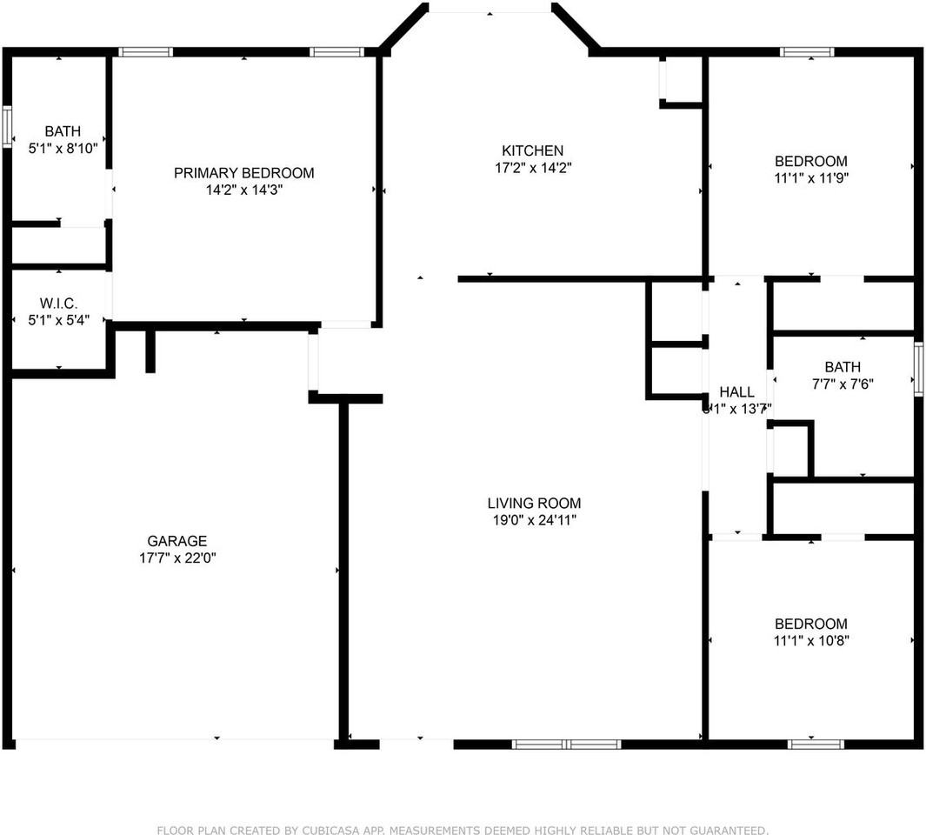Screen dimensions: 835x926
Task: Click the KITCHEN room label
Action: (532, 150)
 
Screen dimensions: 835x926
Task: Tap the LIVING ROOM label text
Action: (534, 503)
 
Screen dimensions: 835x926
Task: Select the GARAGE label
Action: (177, 541)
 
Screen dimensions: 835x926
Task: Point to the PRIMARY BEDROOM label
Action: (243, 173)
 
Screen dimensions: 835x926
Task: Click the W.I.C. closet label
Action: (58, 304)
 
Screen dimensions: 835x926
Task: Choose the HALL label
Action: (736, 392)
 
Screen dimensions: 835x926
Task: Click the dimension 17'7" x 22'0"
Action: (177, 558)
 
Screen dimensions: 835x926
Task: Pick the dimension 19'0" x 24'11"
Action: (534, 520)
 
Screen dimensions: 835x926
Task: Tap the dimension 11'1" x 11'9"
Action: (810, 178)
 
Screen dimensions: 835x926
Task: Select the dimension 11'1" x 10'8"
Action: (810, 641)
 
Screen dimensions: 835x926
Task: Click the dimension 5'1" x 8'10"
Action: (63, 149)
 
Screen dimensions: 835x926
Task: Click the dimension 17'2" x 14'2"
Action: (532, 168)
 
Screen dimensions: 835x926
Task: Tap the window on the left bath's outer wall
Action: (7, 126)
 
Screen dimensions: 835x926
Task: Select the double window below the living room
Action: (566, 745)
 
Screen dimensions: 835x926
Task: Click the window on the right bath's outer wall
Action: (918, 370)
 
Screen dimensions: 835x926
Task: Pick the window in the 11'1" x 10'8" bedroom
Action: (816, 745)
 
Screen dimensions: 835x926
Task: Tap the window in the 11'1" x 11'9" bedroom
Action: (807, 52)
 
